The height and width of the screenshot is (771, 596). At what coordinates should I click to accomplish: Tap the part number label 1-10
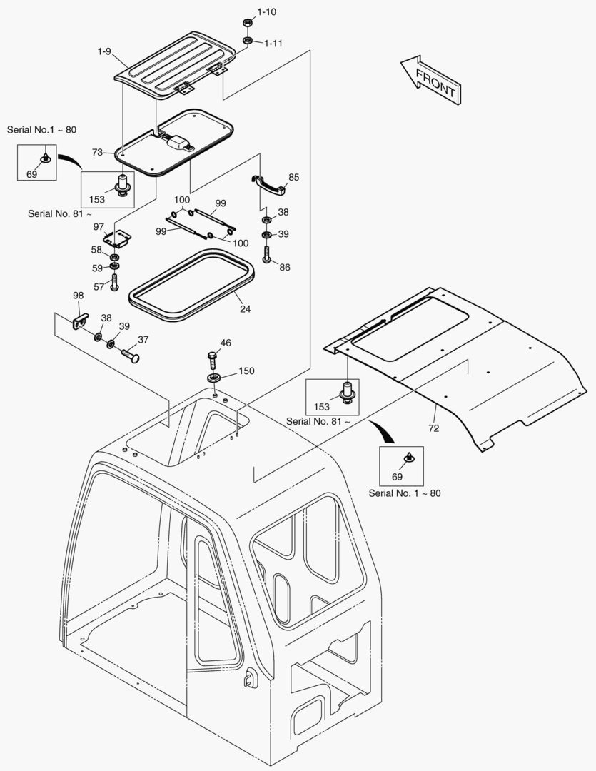coord(267,12)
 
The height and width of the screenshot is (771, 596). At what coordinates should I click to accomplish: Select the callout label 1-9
coord(105,51)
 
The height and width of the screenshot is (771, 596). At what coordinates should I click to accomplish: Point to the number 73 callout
coord(98,152)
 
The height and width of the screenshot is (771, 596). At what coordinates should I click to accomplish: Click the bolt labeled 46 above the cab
coord(213,356)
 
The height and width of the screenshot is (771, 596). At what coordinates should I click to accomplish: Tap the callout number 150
coord(246,371)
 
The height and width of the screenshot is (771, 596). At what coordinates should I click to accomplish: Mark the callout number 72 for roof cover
coord(434,428)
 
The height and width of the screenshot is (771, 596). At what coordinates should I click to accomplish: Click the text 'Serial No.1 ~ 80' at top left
coord(41,130)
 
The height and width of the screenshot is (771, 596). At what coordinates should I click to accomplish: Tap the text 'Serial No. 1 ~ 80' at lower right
coord(405,493)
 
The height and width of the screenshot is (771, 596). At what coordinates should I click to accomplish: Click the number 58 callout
coord(96,250)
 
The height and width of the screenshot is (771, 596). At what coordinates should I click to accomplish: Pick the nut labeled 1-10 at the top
coord(246,23)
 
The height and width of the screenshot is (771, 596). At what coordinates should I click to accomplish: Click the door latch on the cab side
coord(250,680)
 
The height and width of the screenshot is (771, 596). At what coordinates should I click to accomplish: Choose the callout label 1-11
coord(273,44)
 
